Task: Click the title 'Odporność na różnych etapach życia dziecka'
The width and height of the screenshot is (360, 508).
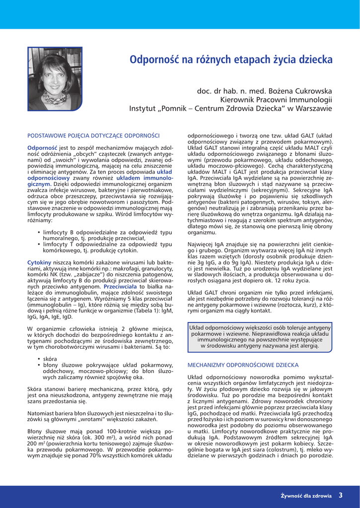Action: [231, 60]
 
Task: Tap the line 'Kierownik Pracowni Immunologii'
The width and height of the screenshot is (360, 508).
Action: [276, 100]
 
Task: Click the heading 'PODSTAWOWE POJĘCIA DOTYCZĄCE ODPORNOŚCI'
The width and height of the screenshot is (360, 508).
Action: [93, 135]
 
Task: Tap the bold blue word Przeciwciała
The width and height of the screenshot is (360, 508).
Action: [121, 287]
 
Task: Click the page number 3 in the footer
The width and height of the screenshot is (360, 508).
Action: [341, 495]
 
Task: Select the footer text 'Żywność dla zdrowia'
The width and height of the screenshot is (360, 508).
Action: [306, 495]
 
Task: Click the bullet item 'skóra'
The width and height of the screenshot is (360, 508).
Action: [50, 358]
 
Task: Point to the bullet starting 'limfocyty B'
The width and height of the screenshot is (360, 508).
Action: [107, 232]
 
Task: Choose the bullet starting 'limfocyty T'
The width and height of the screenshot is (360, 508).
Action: [107, 244]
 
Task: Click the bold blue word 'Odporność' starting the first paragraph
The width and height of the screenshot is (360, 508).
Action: [42, 148]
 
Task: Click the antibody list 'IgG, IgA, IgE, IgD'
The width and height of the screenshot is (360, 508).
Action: [44, 316]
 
